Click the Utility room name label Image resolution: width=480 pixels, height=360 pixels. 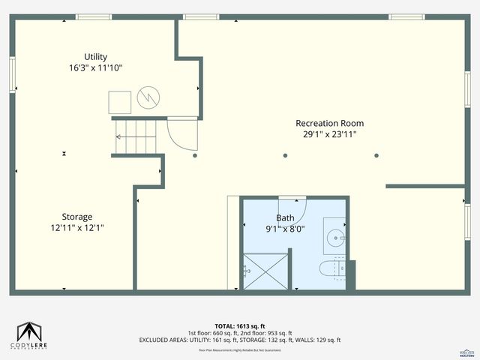[95, 56]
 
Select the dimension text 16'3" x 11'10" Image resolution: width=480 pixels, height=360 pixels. [95, 67]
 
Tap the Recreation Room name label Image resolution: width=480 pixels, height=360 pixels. [329, 123]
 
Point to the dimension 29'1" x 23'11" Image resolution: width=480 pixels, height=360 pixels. [329, 134]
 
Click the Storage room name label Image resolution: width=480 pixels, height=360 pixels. [77, 217]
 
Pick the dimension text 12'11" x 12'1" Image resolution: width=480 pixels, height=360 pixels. [77, 227]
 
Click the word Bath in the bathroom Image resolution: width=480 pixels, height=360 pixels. [285, 218]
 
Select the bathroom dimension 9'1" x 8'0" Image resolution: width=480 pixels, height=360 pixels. [285, 229]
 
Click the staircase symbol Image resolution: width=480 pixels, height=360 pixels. [135, 137]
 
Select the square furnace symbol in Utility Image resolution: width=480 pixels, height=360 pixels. [120, 102]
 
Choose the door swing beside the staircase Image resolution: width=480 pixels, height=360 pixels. [182, 134]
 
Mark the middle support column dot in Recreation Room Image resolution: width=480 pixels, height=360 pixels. [285, 156]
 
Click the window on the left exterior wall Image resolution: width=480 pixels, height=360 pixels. [13, 75]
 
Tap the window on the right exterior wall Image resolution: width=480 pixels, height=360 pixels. [467, 221]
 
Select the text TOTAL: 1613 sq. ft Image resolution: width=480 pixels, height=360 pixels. [239, 326]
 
